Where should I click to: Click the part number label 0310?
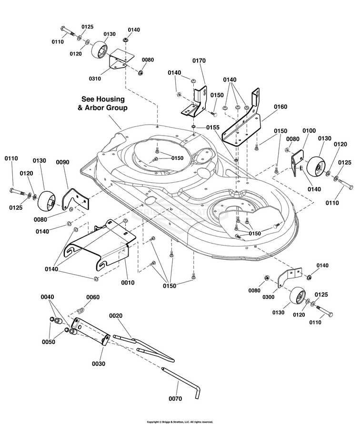pos(95,78)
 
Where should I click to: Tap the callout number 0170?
pos(199,61)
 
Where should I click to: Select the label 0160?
pos(280,107)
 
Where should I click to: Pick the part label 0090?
pos(63,162)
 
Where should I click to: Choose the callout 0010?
pos(128,283)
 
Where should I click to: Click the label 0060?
pos(93,297)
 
